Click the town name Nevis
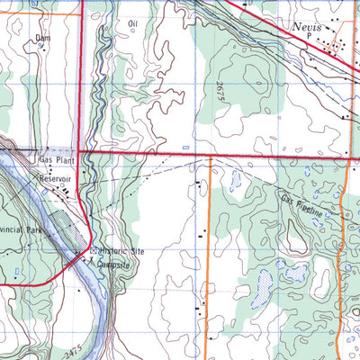point(309,28)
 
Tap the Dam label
point(41,38)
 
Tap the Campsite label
point(113,264)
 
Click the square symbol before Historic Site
point(93,250)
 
